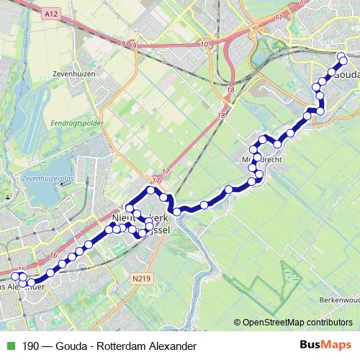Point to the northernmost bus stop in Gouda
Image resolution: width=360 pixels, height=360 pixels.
coord(341,55)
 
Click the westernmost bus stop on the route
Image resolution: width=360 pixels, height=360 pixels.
coord(16,276)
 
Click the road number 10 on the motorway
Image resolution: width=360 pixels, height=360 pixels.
coord(206,44)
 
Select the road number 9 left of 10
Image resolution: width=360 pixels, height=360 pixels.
coord(123,44)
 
